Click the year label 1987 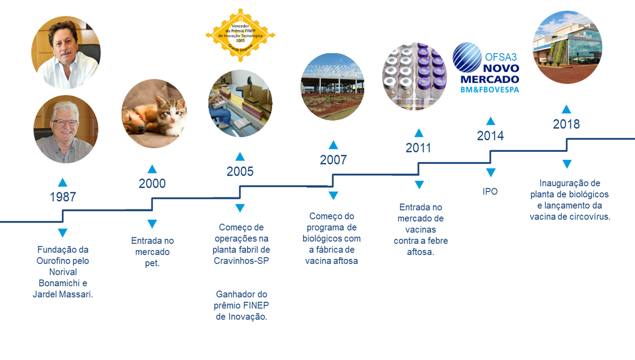[x=63, y=197]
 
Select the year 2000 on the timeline [x=152, y=184]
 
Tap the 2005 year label [x=240, y=171]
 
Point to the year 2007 [x=333, y=160]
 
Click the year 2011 [x=418, y=148]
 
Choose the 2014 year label [x=490, y=136]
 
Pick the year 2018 [x=566, y=124]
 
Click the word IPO [x=490, y=192]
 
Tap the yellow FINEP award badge [x=240, y=35]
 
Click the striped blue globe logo [x=467, y=57]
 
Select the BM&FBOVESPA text [x=490, y=90]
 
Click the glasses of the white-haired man [x=65, y=123]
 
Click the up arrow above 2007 [x=333, y=145]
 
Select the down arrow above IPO [x=491, y=172]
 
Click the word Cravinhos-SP [x=241, y=260]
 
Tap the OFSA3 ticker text [x=501, y=57]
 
